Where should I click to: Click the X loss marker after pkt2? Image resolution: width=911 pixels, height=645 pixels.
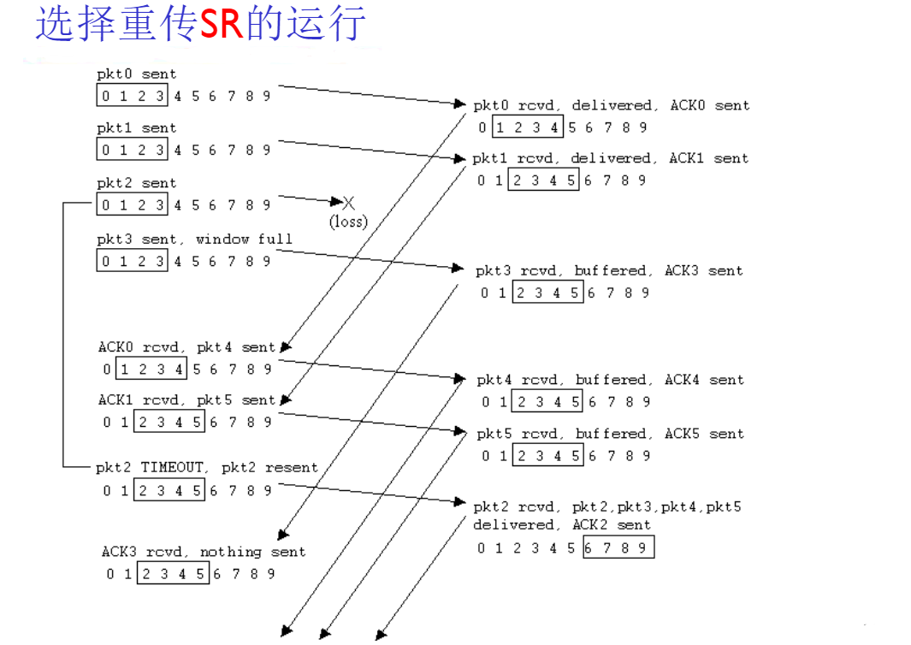348,203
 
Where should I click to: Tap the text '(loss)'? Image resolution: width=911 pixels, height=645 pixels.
348,222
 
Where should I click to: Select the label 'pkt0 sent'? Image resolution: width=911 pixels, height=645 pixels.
136,74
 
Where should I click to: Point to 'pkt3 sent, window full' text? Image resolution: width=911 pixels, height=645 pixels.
194,240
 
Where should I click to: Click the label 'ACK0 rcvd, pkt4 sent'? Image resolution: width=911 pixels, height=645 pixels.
186,347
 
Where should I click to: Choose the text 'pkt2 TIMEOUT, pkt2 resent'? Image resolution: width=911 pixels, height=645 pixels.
206,468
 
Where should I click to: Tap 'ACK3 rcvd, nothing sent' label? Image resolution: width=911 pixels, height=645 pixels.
204,552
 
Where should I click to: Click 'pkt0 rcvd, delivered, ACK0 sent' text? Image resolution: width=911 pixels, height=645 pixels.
611,105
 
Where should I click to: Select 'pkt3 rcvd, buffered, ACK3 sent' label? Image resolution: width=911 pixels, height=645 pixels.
609,270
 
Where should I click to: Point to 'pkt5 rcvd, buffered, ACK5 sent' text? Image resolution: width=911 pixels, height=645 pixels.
610,434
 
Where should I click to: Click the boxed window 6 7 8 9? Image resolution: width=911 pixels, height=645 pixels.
618,547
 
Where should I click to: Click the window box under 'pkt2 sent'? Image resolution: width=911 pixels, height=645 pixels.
133,205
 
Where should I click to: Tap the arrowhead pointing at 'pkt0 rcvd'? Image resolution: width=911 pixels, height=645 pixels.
459,104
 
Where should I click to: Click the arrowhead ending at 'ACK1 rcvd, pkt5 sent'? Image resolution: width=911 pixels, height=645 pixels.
285,399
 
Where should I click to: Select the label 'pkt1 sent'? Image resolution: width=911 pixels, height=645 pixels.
136,128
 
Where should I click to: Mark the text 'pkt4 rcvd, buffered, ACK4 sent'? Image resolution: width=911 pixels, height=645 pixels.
610,380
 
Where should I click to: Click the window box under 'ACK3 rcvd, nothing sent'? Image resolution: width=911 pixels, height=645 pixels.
173,574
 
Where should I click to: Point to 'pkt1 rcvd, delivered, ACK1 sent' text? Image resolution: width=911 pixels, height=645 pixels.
610,158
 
